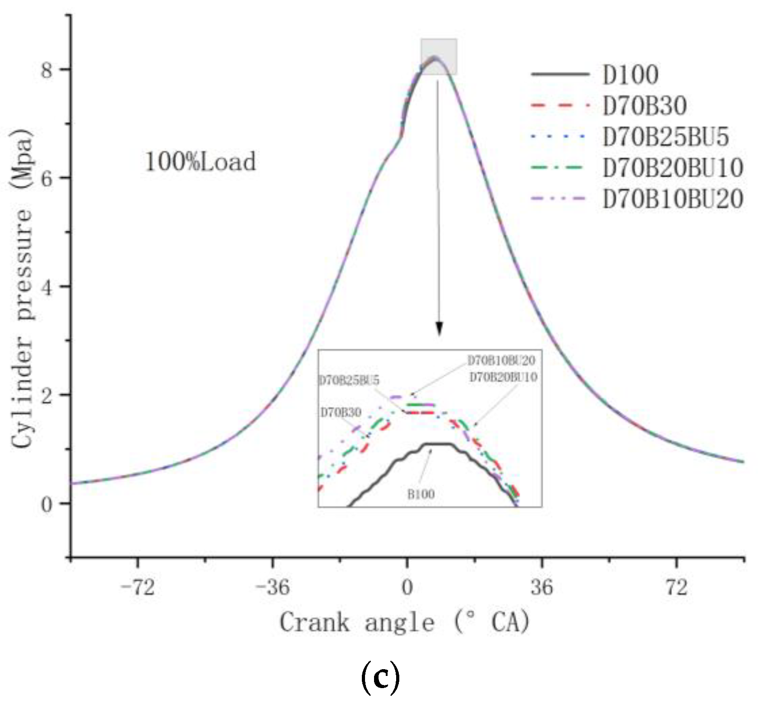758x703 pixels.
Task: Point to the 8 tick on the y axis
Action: (46, 70)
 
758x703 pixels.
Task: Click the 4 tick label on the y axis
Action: (46, 287)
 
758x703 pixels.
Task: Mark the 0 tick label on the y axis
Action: (46, 504)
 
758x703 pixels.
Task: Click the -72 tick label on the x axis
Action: (138, 587)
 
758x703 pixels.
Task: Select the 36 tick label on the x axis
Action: (541, 587)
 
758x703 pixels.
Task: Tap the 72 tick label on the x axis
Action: (676, 587)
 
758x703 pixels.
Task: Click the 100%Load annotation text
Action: (200, 162)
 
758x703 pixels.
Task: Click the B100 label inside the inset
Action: (421, 495)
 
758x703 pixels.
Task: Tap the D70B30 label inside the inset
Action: (341, 413)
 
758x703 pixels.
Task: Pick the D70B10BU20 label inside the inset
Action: (501, 361)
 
